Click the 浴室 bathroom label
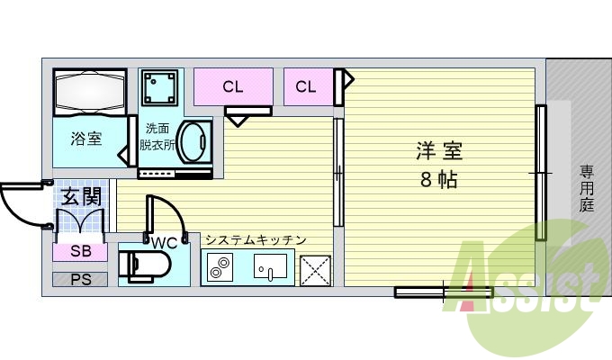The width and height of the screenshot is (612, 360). (86, 139)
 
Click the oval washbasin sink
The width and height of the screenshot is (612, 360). (194, 141)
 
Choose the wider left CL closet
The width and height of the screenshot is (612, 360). (233, 87)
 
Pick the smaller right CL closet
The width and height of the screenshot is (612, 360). (306, 87)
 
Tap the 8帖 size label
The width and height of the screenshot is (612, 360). (438, 178)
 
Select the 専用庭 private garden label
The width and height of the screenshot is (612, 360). (587, 186)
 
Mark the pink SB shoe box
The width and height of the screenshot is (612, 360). (79, 251)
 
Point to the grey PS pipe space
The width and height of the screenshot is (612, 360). (80, 279)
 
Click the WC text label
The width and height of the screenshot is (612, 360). (165, 243)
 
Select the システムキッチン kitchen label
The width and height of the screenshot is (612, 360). (256, 240)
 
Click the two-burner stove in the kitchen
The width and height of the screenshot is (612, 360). (220, 268)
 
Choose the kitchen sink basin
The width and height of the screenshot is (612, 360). (270, 267)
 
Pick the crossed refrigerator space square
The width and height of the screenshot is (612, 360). (315, 269)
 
